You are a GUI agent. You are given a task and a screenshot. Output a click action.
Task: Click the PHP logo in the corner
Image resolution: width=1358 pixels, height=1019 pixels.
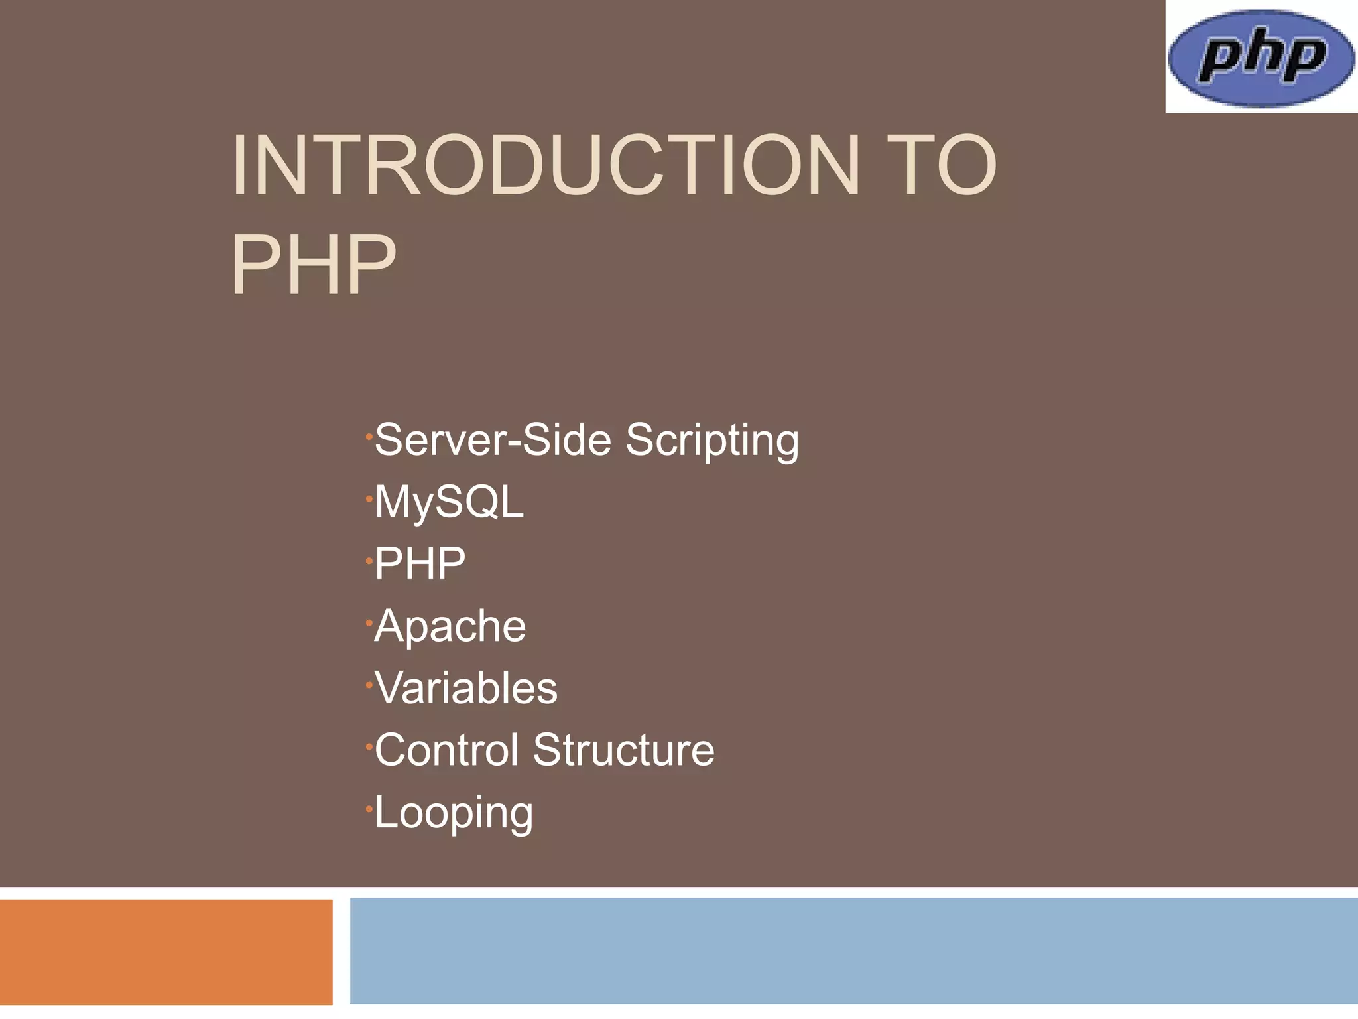coord(1261,58)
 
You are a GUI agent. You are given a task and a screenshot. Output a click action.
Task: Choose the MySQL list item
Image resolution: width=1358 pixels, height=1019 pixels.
coord(449,502)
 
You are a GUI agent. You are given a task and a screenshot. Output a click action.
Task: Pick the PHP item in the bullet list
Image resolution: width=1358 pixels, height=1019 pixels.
coord(420,564)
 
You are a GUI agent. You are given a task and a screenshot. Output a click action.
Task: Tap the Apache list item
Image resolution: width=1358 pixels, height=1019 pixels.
coord(450,626)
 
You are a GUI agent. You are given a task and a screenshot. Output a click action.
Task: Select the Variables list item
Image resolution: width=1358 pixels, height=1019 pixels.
coord(465,687)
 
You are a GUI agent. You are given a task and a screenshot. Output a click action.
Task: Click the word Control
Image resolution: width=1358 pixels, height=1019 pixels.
coord(446,750)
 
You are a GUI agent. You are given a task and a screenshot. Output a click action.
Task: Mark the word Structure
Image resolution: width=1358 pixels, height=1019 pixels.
coord(623,750)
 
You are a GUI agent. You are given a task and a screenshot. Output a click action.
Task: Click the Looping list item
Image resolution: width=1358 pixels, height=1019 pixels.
coord(454,812)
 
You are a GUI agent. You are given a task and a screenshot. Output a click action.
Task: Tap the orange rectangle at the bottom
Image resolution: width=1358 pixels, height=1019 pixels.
coord(166,951)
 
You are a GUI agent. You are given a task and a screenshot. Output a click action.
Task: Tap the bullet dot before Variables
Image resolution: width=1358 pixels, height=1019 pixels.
coord(368,685)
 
